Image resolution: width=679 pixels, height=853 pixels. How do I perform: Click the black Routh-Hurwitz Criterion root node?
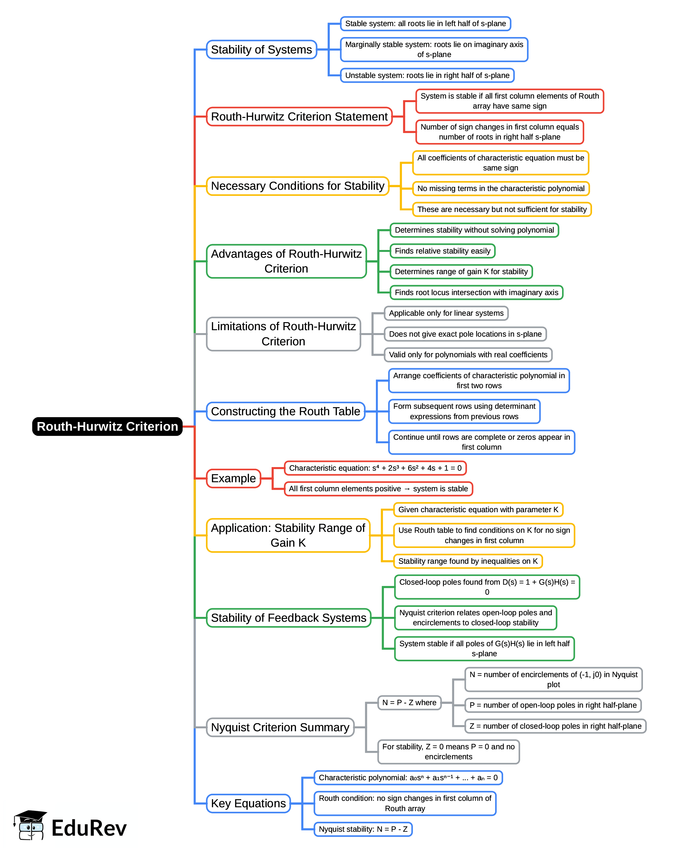tap(107, 426)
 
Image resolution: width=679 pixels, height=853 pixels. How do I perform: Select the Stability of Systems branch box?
tap(261, 50)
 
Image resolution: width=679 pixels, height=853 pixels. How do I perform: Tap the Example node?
tap(234, 478)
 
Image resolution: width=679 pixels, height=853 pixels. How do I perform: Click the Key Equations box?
tap(248, 803)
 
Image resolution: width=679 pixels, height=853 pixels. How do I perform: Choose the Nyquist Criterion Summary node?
tap(280, 727)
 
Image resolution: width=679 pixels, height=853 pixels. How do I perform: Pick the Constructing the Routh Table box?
tap(285, 411)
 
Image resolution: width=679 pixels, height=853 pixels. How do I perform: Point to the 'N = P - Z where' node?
tap(409, 703)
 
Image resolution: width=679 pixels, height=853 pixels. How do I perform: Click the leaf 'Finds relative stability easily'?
tap(442, 251)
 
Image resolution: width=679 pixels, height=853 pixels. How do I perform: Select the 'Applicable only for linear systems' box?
tap(446, 313)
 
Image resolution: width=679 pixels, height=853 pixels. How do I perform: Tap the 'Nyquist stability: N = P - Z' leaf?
tap(363, 829)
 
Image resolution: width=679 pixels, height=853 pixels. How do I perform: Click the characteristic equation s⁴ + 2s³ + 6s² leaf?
tap(375, 468)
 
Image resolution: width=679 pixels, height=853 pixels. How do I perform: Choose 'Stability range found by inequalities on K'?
tap(468, 561)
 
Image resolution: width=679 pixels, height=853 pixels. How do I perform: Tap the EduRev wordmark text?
tap(89, 828)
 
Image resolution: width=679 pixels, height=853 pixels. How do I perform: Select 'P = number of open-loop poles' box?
tap(553, 705)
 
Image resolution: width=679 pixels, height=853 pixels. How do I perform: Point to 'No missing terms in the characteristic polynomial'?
tap(501, 188)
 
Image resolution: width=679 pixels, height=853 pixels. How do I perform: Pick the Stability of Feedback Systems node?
tap(289, 618)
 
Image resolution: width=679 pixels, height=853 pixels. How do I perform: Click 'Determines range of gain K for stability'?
tap(461, 272)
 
